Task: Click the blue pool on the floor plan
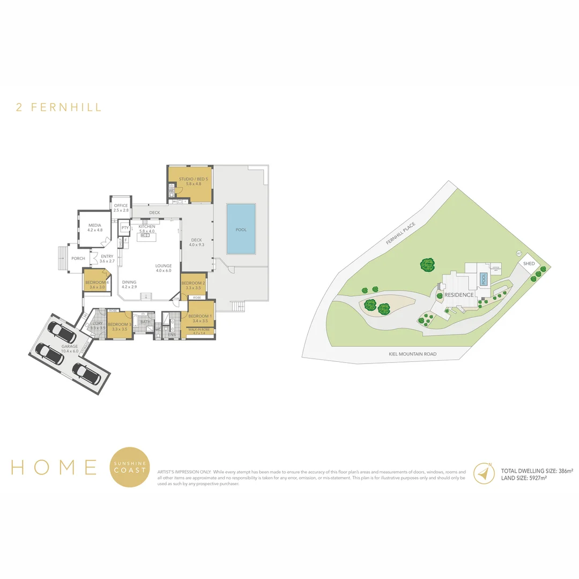[x=241, y=229]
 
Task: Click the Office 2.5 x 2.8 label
[x=121, y=208]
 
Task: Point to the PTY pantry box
[x=124, y=228]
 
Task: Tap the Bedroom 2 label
[x=193, y=285]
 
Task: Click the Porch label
[x=78, y=258]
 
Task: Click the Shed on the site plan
[x=529, y=264]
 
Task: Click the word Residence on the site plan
[x=458, y=295]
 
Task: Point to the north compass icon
[x=484, y=473]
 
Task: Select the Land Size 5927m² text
[x=523, y=478]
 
